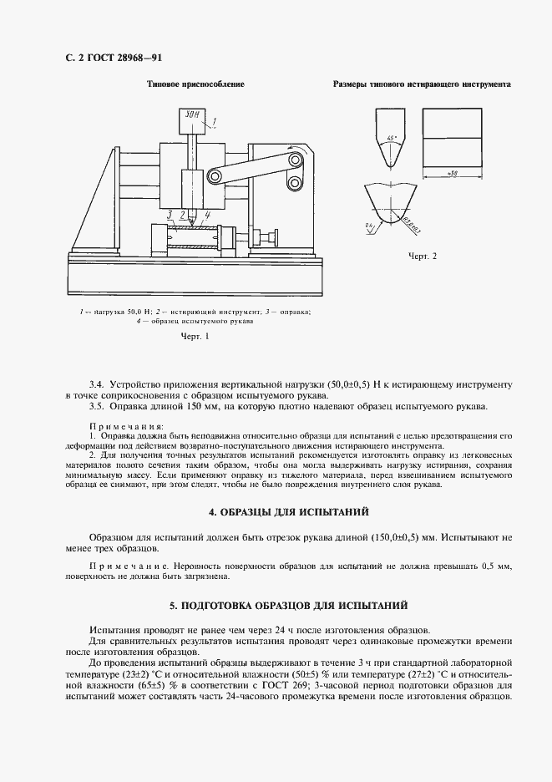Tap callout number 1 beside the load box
point(214,122)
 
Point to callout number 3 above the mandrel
point(170,215)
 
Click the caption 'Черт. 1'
point(195,337)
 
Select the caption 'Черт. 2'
point(423,256)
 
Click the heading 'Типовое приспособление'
point(195,85)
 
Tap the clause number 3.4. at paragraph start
point(97,383)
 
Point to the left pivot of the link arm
point(214,175)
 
